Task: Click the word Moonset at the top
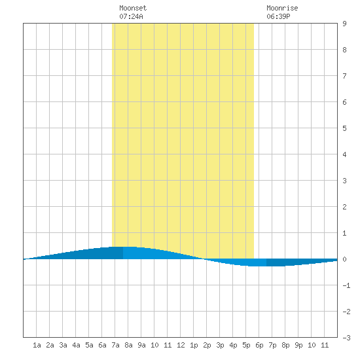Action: pyautogui.click(x=133, y=8)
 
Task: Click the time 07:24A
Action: pyautogui.click(x=131, y=16)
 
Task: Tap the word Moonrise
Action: pyautogui.click(x=282, y=8)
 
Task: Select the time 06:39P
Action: pyautogui.click(x=278, y=16)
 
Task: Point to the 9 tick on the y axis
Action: pyautogui.click(x=344, y=24)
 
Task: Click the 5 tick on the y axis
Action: pyautogui.click(x=344, y=128)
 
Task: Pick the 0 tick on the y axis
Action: pyautogui.click(x=344, y=259)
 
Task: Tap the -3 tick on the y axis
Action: pyautogui.click(x=346, y=338)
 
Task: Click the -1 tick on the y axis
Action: pyautogui.click(x=346, y=285)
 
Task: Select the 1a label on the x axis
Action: pyautogui.click(x=37, y=345)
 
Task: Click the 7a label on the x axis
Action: pyautogui.click(x=115, y=345)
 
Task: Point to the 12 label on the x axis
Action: pyautogui.click(x=181, y=345)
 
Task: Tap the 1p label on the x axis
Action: pyautogui.click(x=194, y=345)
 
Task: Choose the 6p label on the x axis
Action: pyautogui.click(x=259, y=345)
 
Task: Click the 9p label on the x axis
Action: pyautogui.click(x=298, y=345)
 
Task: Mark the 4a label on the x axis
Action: pyautogui.click(x=76, y=345)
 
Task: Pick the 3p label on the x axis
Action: pyautogui.click(x=220, y=345)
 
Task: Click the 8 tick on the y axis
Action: pyautogui.click(x=344, y=50)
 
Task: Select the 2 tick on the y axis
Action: pyautogui.click(x=344, y=207)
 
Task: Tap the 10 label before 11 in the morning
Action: pyautogui.click(x=154, y=345)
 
